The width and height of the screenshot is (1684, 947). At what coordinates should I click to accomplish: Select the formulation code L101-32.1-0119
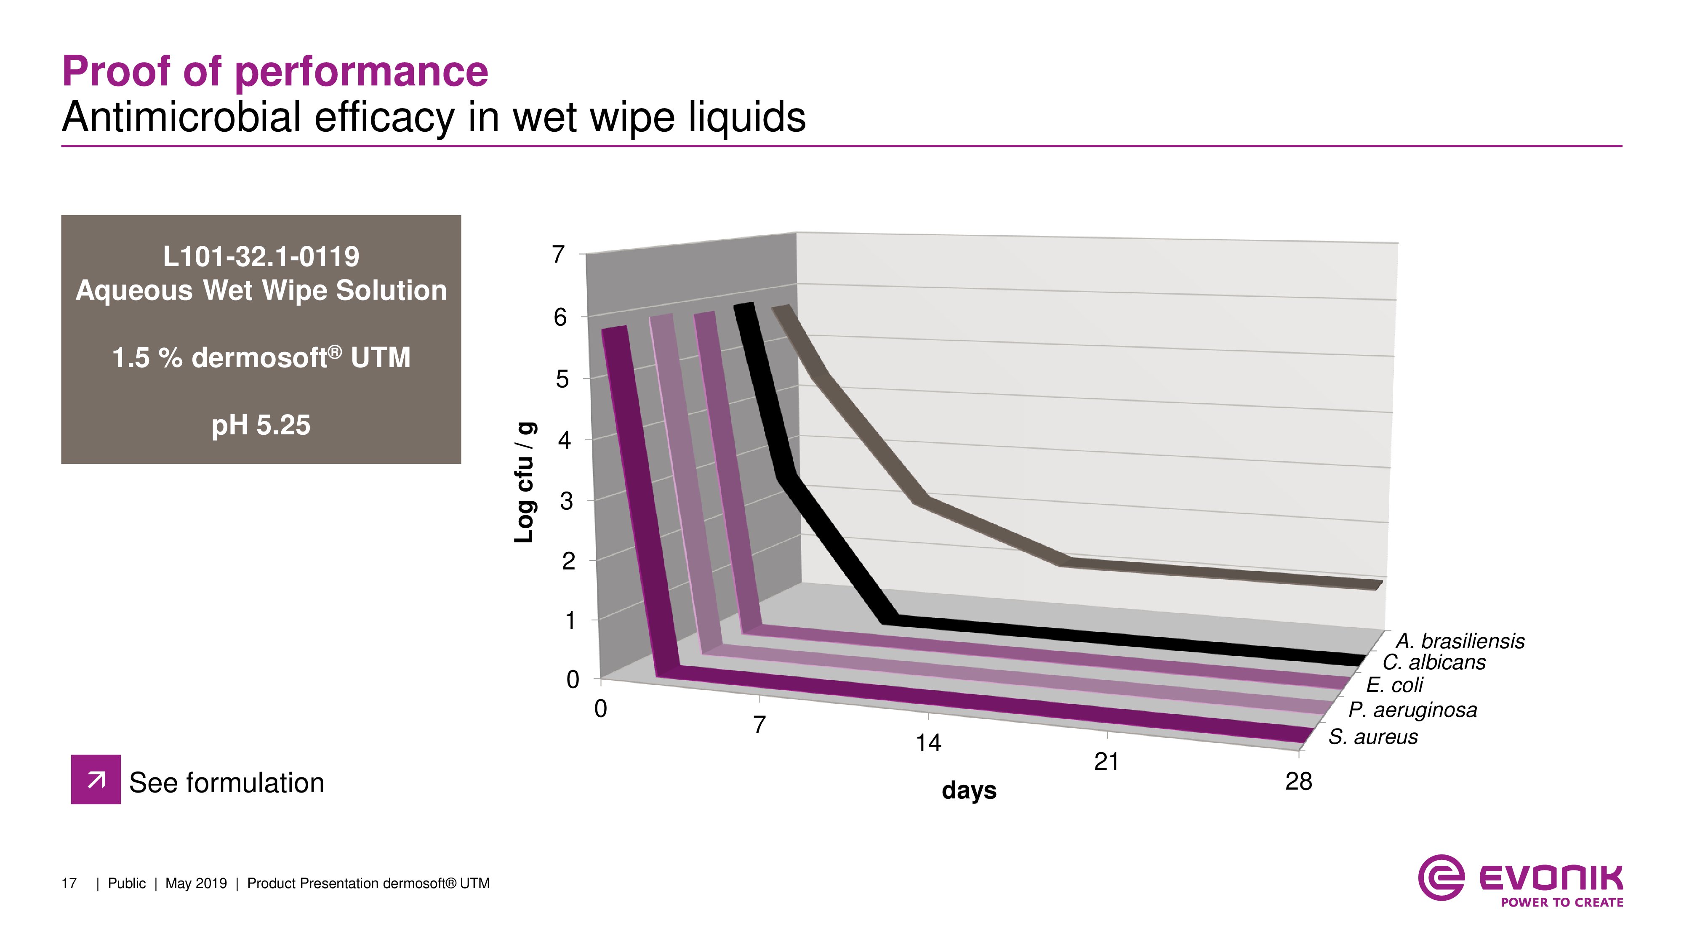[261, 256]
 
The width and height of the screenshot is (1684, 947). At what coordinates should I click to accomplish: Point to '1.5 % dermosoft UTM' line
[261, 357]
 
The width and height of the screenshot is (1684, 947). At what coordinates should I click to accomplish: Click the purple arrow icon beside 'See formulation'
[96, 779]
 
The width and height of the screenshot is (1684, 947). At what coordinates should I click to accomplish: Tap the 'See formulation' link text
[226, 783]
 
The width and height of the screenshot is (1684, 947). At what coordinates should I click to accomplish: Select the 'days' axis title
[969, 790]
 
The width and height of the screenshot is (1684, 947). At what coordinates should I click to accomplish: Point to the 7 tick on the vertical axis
[558, 254]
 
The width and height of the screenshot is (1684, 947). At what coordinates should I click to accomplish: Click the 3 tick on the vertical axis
[566, 501]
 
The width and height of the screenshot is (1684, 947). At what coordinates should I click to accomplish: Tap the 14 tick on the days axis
[927, 743]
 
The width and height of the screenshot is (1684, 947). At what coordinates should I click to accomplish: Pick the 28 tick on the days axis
[1298, 782]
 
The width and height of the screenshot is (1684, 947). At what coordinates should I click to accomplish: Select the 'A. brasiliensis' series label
[1459, 641]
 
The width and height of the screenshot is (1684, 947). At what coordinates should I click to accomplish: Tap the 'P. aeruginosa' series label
[1412, 710]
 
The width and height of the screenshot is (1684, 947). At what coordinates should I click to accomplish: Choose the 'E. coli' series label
[1394, 685]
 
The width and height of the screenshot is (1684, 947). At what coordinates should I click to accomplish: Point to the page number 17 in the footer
[69, 883]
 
